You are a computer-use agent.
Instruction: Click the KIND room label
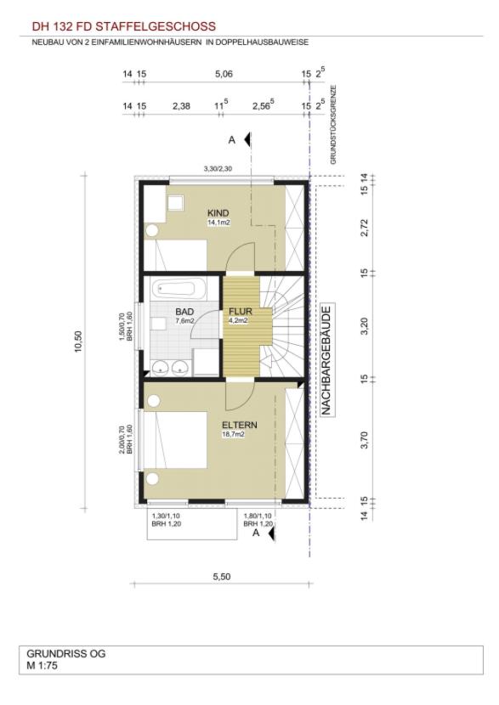[x=218, y=212]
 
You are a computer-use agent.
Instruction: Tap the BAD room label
[x=184, y=312]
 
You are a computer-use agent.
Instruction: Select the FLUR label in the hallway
[x=241, y=311]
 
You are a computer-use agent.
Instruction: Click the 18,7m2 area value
[x=233, y=434]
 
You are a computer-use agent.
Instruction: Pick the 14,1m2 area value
[x=218, y=222]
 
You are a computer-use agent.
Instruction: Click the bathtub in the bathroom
[x=179, y=289]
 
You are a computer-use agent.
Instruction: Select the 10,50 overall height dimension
[x=78, y=341]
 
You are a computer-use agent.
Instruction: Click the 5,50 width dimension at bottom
[x=221, y=577]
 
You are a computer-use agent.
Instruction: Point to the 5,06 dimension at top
[x=224, y=74]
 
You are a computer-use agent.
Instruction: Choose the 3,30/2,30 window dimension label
[x=218, y=169]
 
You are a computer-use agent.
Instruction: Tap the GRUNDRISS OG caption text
[x=66, y=653]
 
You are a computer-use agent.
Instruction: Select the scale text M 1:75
[x=43, y=665]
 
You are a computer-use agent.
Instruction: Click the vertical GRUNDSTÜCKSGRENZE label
[x=333, y=125]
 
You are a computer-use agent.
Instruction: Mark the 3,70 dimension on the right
[x=365, y=440]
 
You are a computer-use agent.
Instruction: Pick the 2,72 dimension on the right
[x=365, y=227]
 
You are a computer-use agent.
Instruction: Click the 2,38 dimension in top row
[x=181, y=106]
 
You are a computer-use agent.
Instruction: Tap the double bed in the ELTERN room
[x=175, y=441]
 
